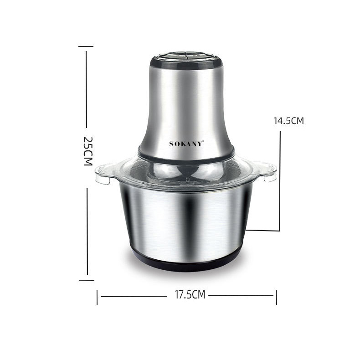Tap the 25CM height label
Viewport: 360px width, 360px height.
(x=87, y=151)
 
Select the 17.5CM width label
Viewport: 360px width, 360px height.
(x=190, y=295)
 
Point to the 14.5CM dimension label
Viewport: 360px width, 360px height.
(x=288, y=121)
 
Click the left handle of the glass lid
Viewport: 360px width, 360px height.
(x=103, y=174)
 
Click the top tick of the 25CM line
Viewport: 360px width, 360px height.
(x=86, y=46)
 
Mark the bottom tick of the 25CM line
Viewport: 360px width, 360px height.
(x=87, y=281)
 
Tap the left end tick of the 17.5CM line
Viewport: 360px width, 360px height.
(x=97, y=297)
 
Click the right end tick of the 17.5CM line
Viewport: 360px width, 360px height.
(x=276, y=297)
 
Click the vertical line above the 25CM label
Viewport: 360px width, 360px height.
(x=86, y=87)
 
